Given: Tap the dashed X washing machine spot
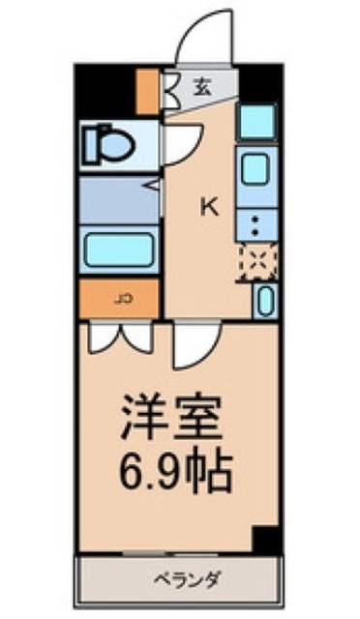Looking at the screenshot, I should click(x=258, y=262).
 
